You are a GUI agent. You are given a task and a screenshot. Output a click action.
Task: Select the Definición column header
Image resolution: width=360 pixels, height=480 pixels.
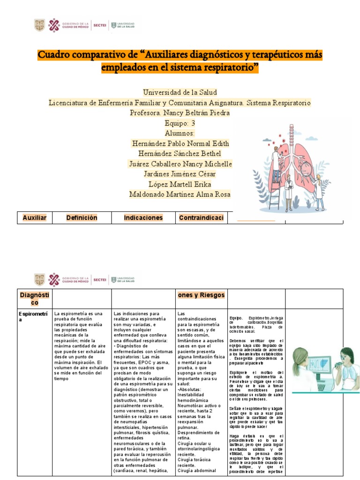click(82, 217)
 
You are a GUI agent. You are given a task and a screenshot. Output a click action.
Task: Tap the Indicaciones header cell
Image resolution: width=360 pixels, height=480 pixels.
click(143, 217)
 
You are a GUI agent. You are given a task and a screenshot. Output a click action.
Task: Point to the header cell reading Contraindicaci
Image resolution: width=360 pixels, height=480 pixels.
click(201, 217)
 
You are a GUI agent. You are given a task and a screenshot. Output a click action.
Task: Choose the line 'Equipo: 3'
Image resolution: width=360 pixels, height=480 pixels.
click(180, 123)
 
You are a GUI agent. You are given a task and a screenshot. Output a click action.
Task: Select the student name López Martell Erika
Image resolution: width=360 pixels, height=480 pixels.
click(180, 184)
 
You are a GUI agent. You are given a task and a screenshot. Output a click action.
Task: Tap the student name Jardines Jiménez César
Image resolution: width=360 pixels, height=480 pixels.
click(180, 174)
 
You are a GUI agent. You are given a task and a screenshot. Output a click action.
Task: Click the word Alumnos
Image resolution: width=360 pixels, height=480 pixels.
click(180, 134)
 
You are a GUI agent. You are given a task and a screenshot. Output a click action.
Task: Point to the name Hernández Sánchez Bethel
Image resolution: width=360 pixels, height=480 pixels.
click(180, 154)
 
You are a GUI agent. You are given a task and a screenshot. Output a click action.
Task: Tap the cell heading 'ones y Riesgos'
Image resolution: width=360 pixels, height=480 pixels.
click(201, 295)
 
